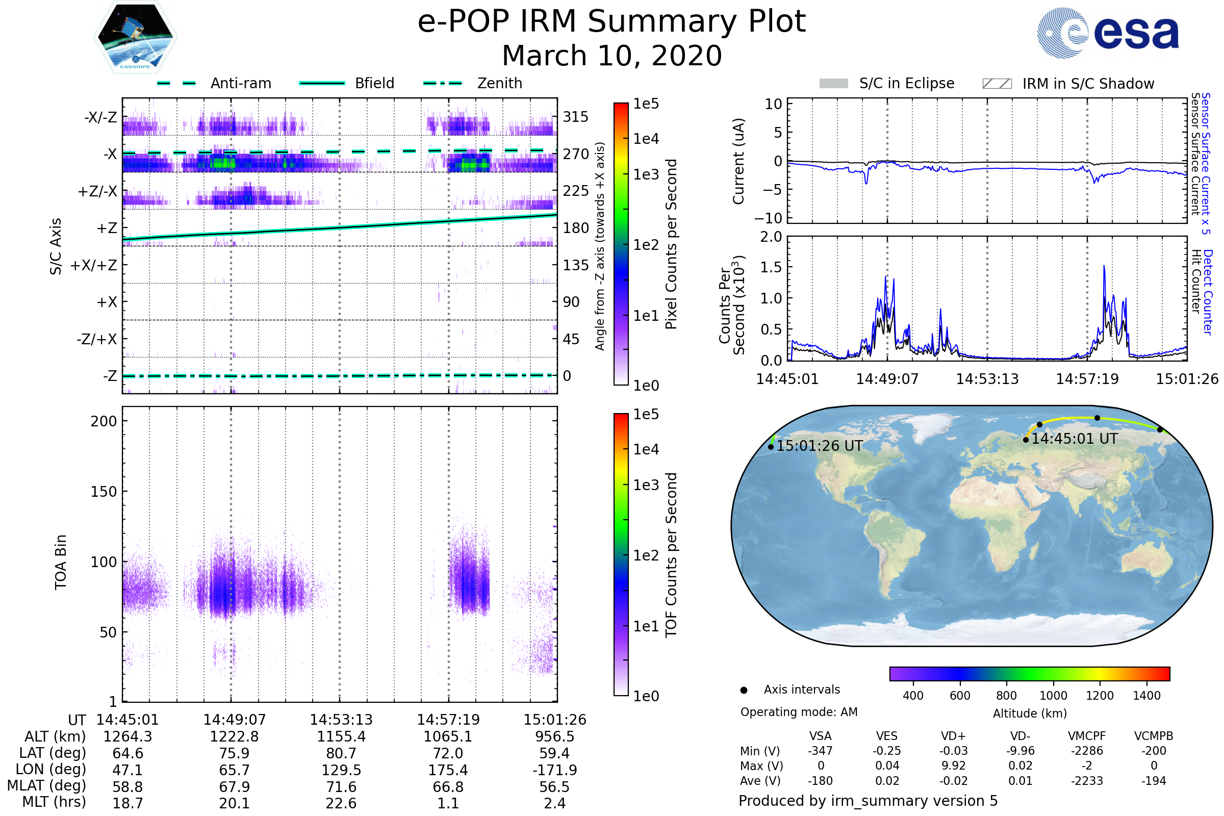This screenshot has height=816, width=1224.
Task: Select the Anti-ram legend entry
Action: coord(240,83)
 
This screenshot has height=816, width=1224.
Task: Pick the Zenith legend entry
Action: coord(499,83)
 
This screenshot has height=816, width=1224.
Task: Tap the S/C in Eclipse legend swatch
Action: coord(833,84)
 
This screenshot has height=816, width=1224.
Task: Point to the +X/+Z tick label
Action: coord(94,265)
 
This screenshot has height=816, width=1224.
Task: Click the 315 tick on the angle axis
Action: coord(575,117)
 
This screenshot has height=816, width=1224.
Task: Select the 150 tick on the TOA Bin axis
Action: coord(104,492)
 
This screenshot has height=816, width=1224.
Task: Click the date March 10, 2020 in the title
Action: coord(611,56)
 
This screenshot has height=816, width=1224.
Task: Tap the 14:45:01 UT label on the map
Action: coord(1074,439)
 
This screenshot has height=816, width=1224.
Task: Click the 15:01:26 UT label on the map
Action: coord(819,446)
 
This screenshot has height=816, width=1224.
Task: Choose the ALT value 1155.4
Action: coord(341,736)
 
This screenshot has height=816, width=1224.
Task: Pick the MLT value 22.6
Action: coord(341,803)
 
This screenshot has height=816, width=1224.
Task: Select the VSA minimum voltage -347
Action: coord(820,751)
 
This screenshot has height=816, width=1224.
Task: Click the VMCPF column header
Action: coord(1087,736)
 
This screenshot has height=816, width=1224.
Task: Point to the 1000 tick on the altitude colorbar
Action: coord(1053,696)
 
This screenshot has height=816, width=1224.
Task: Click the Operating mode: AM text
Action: coord(799,712)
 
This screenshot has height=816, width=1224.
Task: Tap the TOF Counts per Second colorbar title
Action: coord(671,555)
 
